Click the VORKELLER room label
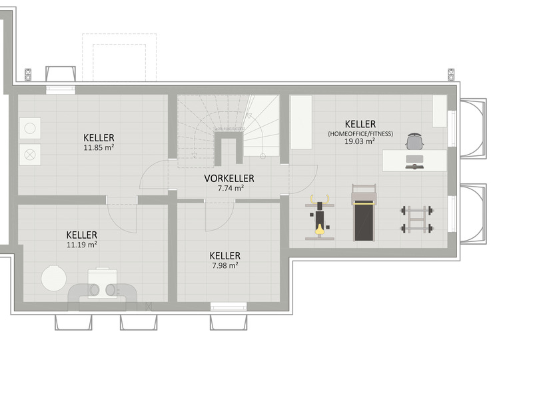229,179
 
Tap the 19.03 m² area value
360,141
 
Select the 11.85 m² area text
99,148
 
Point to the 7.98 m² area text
225,265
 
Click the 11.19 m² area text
82,245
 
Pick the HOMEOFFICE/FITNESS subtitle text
360,133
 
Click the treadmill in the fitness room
364,213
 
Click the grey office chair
414,142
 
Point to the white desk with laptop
414,161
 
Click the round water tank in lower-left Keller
53,278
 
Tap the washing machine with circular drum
30,127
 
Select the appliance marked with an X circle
30,154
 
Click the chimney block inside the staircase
229,148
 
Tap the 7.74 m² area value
229,189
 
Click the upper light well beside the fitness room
473,128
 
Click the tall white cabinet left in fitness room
301,122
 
